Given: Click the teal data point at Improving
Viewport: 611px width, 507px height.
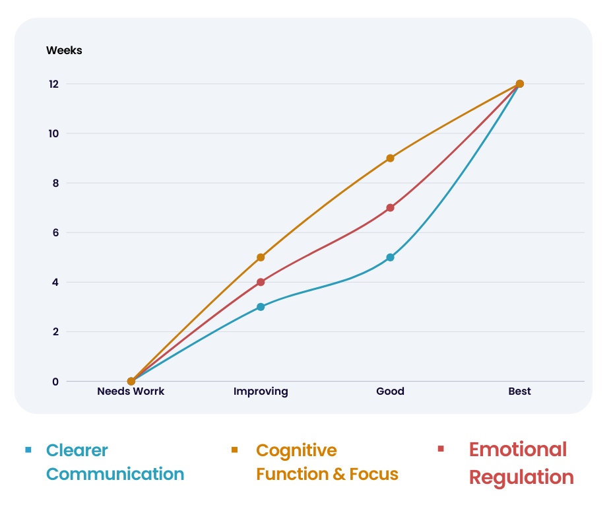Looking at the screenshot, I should [x=261, y=307].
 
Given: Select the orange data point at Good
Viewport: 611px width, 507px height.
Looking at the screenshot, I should [x=390, y=158].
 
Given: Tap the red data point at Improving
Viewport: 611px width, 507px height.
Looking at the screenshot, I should [x=261, y=282].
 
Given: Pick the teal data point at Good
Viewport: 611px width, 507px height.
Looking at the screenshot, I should [x=390, y=257].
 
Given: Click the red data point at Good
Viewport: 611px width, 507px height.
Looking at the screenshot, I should [x=390, y=208].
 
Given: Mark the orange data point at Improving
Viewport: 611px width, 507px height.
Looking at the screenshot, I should [x=261, y=257].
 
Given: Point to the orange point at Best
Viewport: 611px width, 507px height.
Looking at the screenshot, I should [x=519, y=84].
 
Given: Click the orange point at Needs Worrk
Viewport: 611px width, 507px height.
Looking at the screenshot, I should [x=131, y=382].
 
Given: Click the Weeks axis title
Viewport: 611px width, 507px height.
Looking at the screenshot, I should [x=64, y=51].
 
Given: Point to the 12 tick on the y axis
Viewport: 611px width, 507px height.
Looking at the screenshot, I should [x=53, y=84].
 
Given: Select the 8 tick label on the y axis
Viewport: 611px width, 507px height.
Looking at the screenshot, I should [x=55, y=183].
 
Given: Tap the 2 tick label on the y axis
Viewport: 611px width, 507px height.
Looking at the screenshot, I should [x=55, y=332].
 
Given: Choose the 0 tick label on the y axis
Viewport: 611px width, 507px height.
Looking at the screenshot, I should [x=55, y=382].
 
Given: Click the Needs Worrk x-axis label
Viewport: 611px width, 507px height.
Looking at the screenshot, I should [x=131, y=391].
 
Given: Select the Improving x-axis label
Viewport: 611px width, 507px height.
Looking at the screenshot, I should [x=261, y=391].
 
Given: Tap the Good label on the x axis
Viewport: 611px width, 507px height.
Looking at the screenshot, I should [x=390, y=391].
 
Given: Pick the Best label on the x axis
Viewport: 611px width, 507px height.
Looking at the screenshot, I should [x=519, y=391].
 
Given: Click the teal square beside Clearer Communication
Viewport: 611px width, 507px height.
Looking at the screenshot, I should [x=28, y=450].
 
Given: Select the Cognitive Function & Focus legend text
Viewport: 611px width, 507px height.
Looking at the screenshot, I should [x=327, y=462].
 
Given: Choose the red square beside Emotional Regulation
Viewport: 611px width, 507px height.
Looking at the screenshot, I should [x=441, y=450].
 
